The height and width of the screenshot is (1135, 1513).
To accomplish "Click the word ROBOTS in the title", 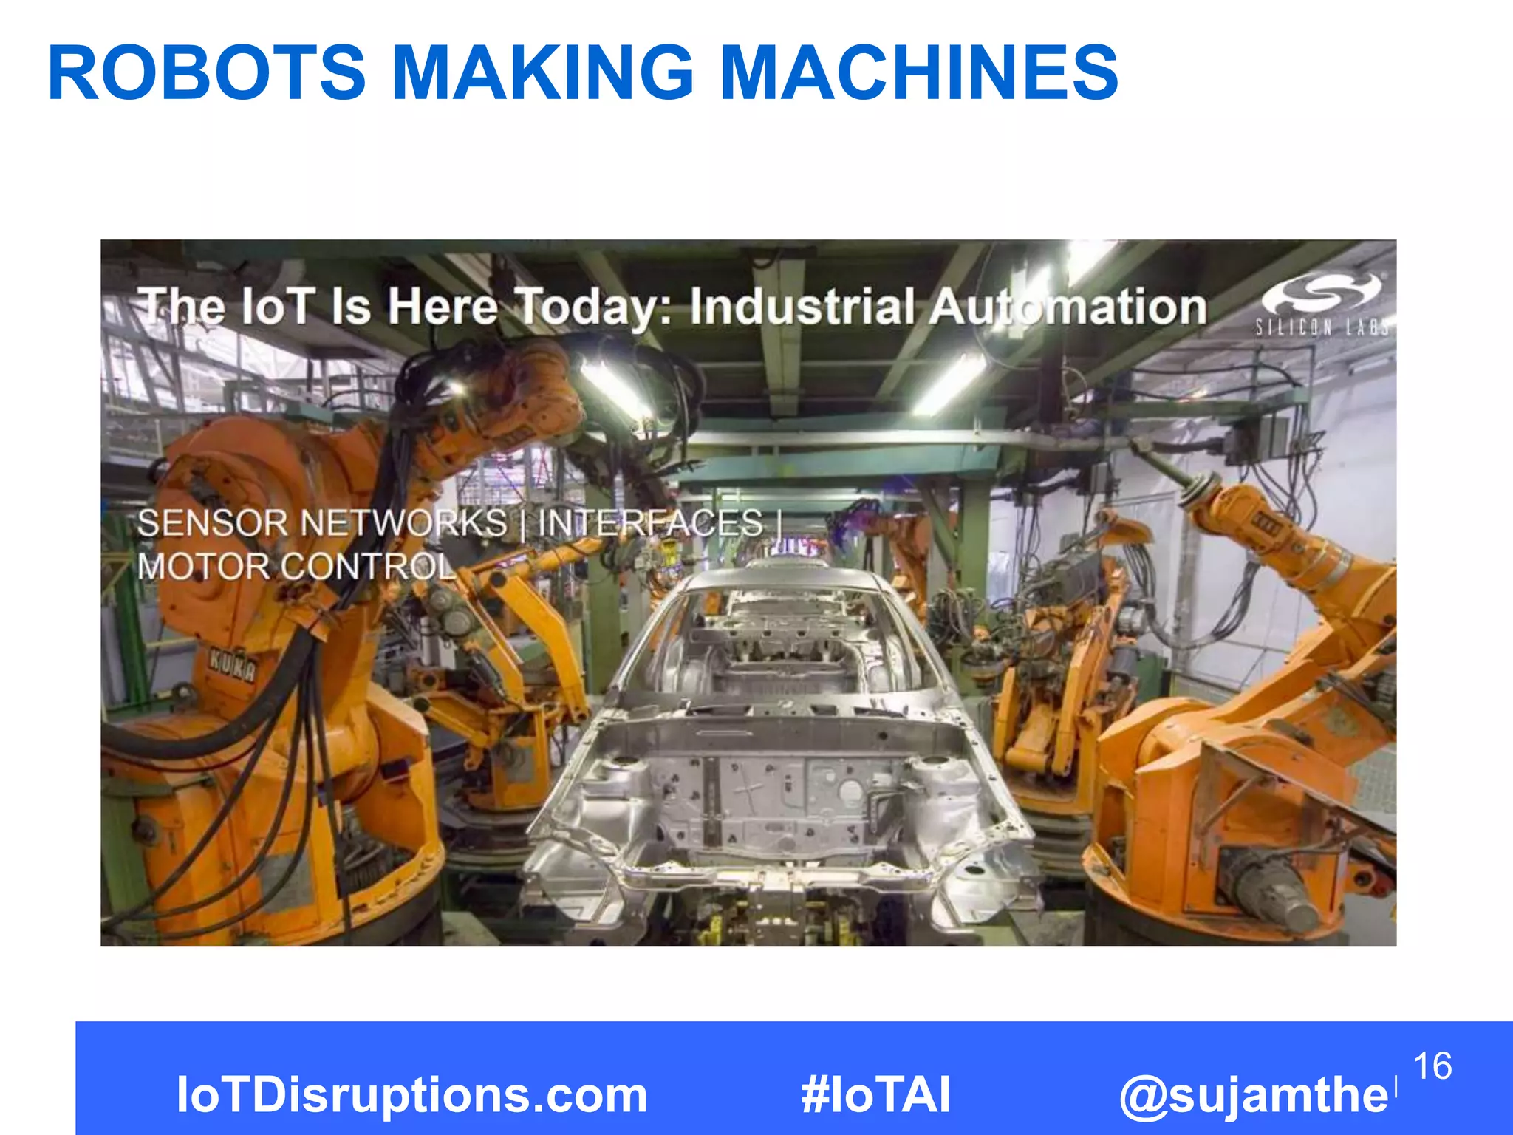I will coord(206,72).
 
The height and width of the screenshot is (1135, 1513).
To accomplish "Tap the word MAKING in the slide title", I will coord(542,72).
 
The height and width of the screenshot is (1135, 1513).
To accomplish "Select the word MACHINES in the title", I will coord(918,72).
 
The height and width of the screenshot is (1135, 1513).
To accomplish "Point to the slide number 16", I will coord(1432,1066).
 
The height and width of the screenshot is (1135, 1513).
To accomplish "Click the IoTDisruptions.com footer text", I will coord(411,1094).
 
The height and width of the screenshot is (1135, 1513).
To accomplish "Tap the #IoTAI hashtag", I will coord(875,1094).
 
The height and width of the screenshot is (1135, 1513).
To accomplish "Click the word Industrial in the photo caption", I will coord(802,307).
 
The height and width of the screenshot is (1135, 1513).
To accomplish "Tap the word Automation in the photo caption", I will coord(1068,307).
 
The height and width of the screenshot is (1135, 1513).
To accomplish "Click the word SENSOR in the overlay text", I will coord(212,523).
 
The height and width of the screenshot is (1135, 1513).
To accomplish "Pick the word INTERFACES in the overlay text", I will coord(649,523).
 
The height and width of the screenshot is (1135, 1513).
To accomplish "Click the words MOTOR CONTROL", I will coord(296,567).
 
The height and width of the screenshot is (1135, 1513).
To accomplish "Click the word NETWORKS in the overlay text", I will coord(403,523).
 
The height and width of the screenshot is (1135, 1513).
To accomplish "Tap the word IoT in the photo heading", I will coord(276,307).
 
